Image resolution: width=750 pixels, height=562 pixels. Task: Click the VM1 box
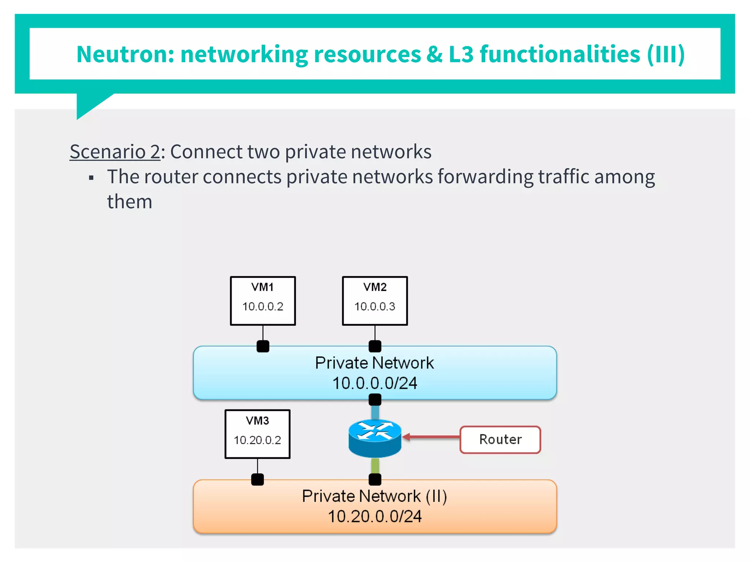tap(263, 300)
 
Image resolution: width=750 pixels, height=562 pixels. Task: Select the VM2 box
tap(375, 300)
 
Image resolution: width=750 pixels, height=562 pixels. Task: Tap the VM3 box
tap(257, 434)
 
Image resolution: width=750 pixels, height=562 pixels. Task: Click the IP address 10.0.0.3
tap(375, 307)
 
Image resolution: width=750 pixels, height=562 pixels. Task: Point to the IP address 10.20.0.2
tap(257, 440)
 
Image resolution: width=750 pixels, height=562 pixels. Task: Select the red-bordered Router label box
tap(500, 439)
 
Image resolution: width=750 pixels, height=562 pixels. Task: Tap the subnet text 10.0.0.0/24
tap(375, 383)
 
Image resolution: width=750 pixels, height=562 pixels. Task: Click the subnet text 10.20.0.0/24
tap(375, 517)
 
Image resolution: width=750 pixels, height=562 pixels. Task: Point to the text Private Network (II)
tap(375, 497)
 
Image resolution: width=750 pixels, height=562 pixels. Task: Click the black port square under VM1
tap(263, 346)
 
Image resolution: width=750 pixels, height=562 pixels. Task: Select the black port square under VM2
tap(375, 346)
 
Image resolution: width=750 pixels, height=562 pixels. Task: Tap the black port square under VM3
tap(257, 479)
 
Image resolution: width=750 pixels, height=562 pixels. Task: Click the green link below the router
tap(375, 466)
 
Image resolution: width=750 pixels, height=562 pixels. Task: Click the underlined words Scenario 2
tap(115, 151)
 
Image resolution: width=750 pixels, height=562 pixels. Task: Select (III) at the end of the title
tap(665, 54)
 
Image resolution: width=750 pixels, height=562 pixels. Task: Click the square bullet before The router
tap(91, 178)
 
